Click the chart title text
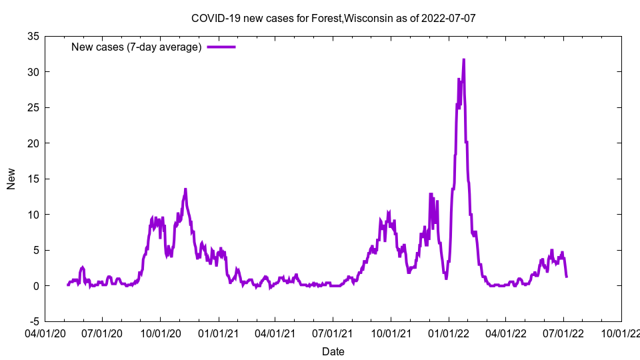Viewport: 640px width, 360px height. [333, 18]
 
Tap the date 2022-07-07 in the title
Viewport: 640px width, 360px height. [449, 18]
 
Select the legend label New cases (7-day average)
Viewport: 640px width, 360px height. [137, 47]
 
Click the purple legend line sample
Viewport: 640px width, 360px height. [221, 47]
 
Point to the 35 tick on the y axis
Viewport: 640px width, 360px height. [33, 36]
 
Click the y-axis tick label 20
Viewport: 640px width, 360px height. [33, 143]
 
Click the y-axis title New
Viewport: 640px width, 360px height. [11, 179]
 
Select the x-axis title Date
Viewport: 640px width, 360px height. [333, 351]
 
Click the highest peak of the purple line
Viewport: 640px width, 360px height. [463, 59]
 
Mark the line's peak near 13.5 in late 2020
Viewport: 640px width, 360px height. [185, 189]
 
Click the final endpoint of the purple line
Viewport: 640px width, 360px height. [566, 276]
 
